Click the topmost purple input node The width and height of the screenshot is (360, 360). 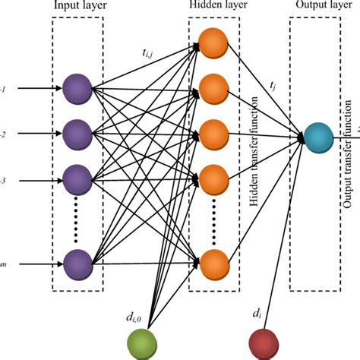click(77, 88)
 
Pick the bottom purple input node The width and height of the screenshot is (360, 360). click(77, 264)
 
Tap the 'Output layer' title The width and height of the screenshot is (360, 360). click(315, 7)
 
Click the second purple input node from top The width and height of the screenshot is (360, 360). click(77, 134)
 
